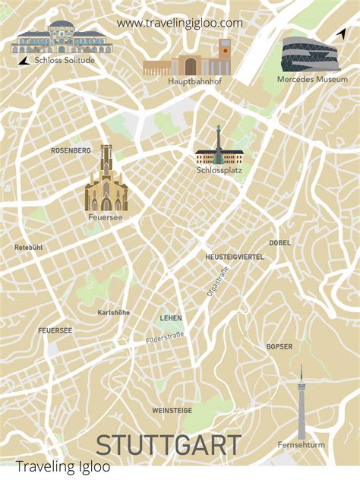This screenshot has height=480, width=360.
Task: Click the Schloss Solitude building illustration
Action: [62, 37]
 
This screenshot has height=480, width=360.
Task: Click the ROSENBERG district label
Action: [71, 150]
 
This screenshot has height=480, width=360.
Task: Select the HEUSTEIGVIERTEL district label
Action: [235, 257]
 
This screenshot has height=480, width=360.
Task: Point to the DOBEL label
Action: [279, 243]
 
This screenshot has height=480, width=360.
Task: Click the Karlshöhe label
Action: [114, 312]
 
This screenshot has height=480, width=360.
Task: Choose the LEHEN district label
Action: [171, 317]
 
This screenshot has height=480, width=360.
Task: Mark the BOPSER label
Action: [279, 346]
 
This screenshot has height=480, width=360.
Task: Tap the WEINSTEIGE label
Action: [172, 410]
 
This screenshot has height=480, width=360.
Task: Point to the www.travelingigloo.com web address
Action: [180, 23]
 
